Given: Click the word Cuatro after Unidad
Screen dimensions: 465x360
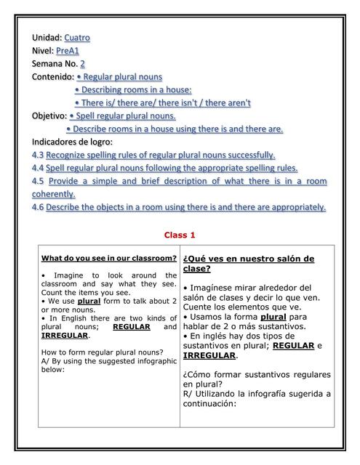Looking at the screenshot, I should click(x=77, y=37).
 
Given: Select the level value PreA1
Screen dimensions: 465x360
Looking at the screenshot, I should click(x=68, y=50).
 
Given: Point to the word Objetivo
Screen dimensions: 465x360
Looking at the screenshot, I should click(x=49, y=116).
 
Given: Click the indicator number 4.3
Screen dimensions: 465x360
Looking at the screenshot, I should click(x=38, y=155).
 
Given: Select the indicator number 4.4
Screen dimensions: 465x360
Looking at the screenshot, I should click(x=38, y=168).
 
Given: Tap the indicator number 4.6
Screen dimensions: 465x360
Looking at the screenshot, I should click(x=38, y=207).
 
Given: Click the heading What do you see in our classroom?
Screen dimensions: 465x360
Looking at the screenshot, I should click(x=109, y=258).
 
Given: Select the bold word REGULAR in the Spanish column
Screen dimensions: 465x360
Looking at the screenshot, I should click(x=293, y=346).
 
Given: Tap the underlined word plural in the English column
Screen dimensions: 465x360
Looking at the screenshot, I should click(x=89, y=300).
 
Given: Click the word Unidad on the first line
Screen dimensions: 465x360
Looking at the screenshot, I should click(x=47, y=37).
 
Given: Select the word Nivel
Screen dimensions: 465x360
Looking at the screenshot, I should click(x=42, y=50).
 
